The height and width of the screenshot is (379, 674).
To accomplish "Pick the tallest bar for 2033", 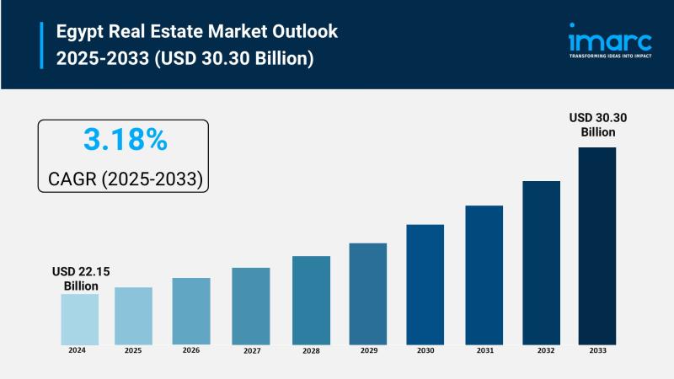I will click(596, 245).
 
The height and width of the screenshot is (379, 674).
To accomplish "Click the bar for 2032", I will click(541, 262).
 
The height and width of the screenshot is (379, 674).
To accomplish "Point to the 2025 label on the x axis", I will click(133, 350).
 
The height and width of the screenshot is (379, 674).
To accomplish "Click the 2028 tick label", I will click(311, 350).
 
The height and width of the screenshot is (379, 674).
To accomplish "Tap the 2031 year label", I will click(484, 350).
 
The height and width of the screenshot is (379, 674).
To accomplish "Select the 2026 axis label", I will click(191, 350).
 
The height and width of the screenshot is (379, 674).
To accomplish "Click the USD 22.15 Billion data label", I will click(81, 279).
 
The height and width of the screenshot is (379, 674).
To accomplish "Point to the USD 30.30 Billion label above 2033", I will click(597, 125).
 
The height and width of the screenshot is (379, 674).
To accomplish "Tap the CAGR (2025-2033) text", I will click(124, 179).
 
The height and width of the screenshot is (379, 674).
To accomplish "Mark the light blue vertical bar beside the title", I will click(40, 45).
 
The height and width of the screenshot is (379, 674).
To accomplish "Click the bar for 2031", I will click(484, 275).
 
